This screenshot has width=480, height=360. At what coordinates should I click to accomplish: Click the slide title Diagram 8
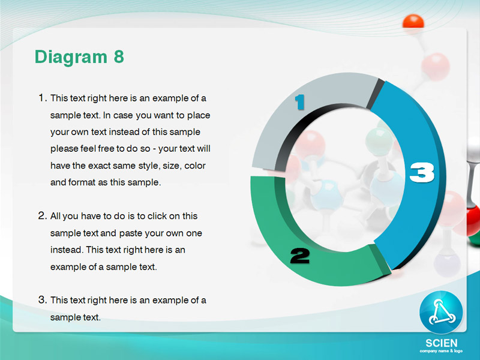point(79,57)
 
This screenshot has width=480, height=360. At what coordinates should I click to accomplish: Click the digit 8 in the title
point(119,56)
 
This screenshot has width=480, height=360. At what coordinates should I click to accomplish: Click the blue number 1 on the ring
point(300,102)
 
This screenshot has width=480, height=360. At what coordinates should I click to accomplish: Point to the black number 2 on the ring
point(299,256)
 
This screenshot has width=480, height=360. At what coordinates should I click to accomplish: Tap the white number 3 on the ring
point(422,172)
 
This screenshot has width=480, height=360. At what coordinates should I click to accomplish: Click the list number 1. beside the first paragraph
point(43,98)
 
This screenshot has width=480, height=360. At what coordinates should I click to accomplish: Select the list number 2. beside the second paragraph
point(43,216)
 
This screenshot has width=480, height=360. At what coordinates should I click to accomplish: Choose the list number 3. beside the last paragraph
point(43,300)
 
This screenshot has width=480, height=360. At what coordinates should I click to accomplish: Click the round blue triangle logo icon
point(441,312)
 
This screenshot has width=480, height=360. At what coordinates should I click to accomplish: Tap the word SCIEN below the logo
point(442,343)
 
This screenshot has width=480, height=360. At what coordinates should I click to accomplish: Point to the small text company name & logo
point(441,351)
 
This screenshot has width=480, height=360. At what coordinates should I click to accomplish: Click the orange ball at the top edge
point(413,22)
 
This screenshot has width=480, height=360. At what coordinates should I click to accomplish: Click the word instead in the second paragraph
point(67,250)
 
